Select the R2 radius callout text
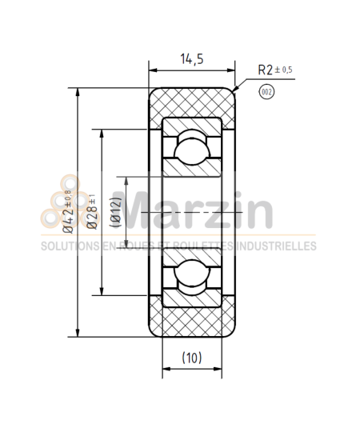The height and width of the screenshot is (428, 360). [x=266, y=70]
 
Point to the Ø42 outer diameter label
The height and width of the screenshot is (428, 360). [x=68, y=210]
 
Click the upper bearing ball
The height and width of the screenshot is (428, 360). [x=192, y=150]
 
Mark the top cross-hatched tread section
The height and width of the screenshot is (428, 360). [x=192, y=102]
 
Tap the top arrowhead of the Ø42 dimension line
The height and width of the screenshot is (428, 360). [x=78, y=92]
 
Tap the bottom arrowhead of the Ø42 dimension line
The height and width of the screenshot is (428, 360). [x=78, y=332]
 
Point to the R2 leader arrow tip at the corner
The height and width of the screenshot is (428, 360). [x=233, y=90]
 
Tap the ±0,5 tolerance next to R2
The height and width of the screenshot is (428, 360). [x=285, y=70]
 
